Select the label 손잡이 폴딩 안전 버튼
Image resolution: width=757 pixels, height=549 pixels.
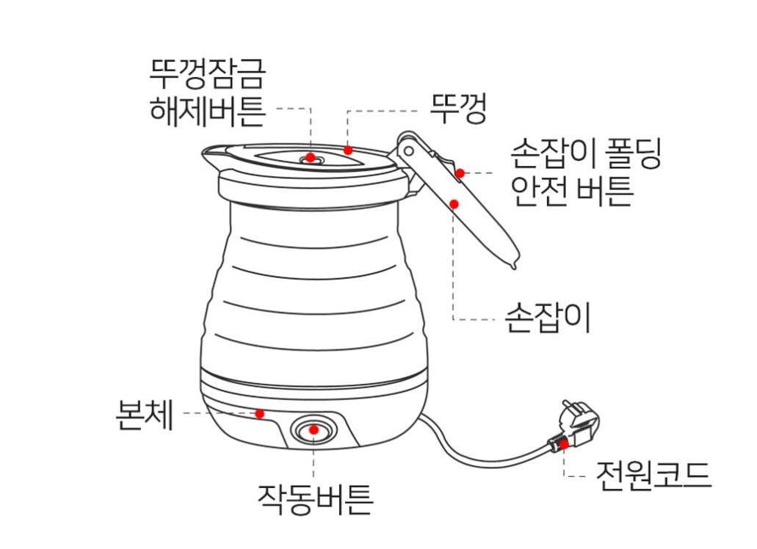[586, 173]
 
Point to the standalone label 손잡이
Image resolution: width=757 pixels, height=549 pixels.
[548, 318]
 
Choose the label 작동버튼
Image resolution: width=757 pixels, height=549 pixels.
[315, 499]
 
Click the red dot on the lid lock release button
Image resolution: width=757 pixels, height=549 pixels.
[311, 157]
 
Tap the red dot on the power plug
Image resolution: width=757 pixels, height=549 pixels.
[563, 443]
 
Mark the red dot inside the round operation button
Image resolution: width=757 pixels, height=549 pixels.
[314, 430]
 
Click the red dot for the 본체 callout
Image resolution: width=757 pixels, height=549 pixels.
[259, 413]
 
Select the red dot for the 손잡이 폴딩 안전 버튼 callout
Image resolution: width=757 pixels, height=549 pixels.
[460, 174]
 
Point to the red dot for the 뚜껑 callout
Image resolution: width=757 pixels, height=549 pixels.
[349, 150]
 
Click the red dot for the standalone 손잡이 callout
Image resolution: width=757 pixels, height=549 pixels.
[454, 203]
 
